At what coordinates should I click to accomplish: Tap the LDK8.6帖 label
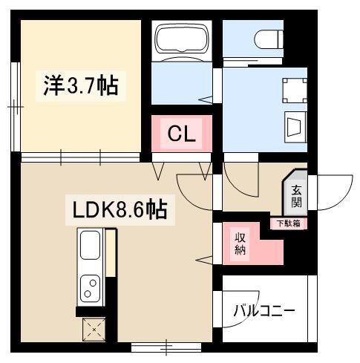click(118, 209)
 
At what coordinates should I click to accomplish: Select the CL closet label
click(181, 134)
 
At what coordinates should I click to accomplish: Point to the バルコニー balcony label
click(264, 310)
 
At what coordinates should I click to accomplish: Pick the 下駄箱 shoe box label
click(289, 223)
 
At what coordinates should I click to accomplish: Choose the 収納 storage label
click(242, 243)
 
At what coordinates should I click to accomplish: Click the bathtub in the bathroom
click(181, 40)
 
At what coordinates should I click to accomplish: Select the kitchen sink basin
click(90, 244)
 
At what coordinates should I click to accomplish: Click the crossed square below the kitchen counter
click(94, 327)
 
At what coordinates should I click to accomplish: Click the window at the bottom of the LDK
click(167, 345)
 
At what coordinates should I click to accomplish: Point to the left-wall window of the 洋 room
click(15, 108)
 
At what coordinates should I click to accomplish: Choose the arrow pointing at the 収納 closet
click(204, 258)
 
